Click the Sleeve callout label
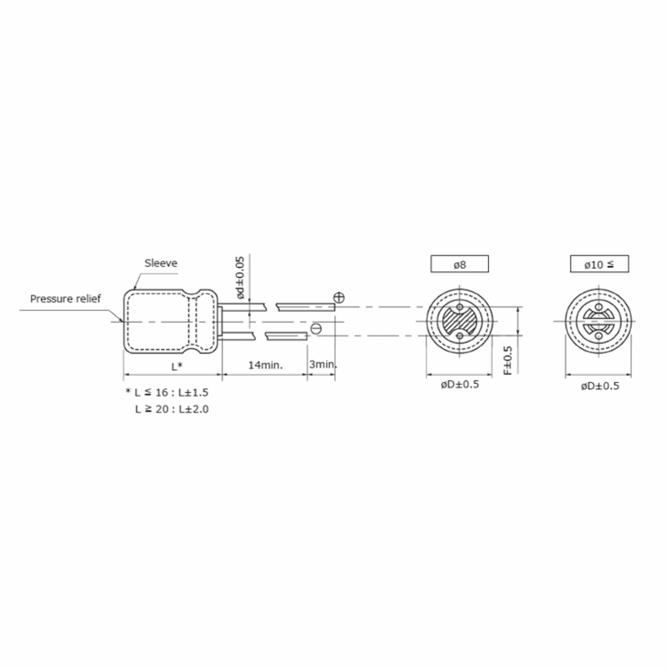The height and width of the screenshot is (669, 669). [161, 263]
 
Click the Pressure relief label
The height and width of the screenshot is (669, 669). [66, 299]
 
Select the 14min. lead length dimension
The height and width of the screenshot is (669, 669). [265, 365]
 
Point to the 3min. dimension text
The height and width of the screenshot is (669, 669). [323, 364]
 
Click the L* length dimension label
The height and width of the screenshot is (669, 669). [177, 366]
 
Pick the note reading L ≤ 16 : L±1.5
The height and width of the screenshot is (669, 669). [167, 392]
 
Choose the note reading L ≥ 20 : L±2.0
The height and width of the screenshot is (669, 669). [172, 409]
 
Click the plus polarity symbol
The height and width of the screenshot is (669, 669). [339, 297]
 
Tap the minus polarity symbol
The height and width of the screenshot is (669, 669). [316, 329]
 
